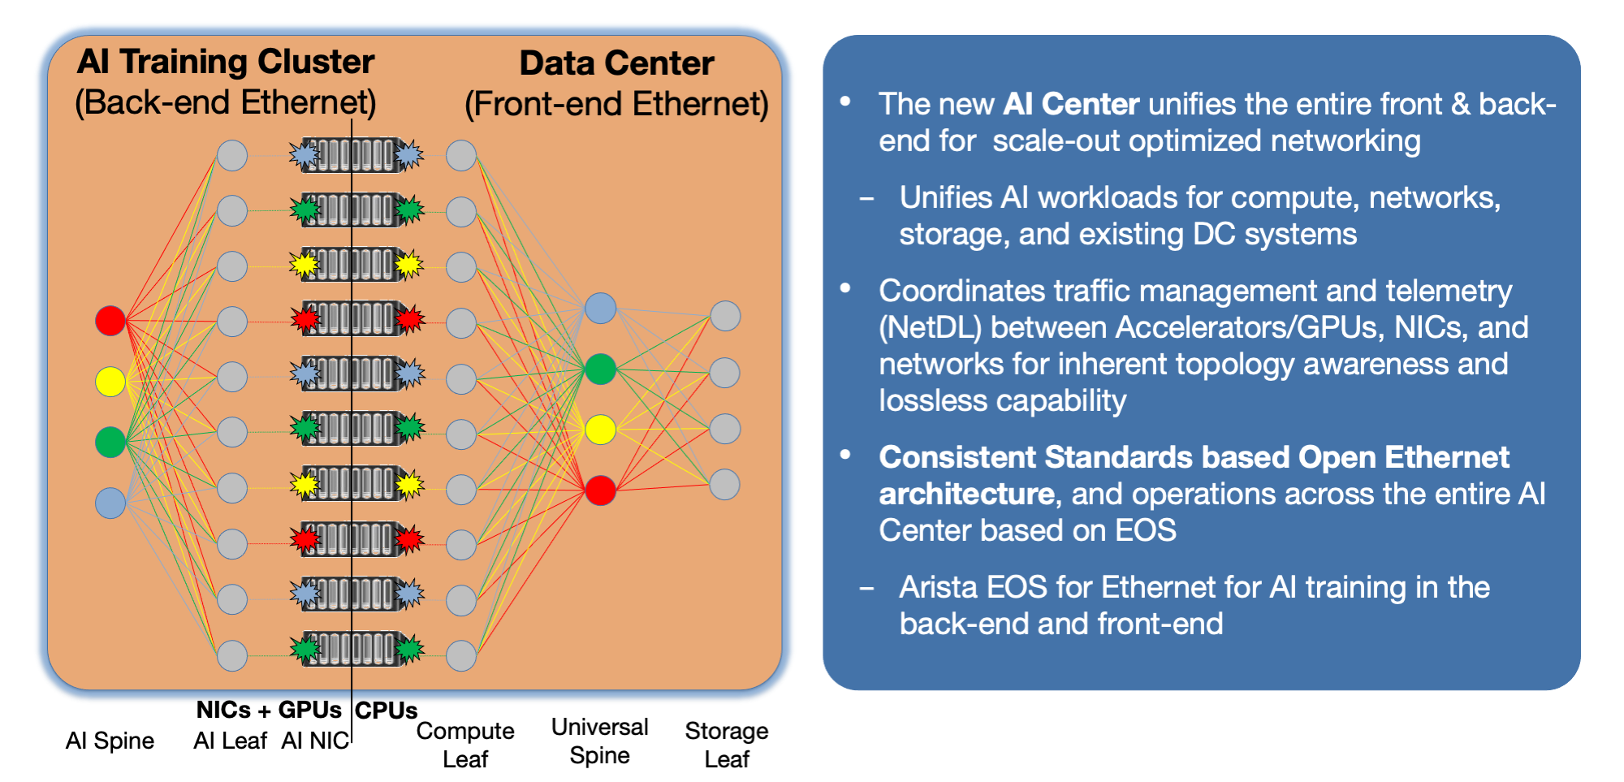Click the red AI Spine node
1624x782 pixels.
click(x=110, y=321)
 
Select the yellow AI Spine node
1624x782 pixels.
click(x=110, y=381)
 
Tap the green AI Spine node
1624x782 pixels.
click(x=110, y=442)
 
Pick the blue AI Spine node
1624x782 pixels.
click(x=110, y=503)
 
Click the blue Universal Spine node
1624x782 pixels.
click(x=600, y=309)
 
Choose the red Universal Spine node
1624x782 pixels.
click(x=600, y=490)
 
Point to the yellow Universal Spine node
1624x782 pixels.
click(x=600, y=430)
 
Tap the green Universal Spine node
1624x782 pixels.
click(x=600, y=369)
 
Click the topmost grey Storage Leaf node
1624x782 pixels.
click(x=725, y=316)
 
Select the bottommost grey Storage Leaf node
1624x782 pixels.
click(x=725, y=485)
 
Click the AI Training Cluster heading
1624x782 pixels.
click(x=226, y=63)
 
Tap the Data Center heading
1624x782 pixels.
click(x=616, y=64)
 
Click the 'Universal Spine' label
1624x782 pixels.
click(x=599, y=741)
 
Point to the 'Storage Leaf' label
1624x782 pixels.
click(x=726, y=745)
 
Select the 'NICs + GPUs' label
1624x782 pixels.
click(x=269, y=710)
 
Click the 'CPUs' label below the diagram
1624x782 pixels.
click(x=387, y=711)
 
